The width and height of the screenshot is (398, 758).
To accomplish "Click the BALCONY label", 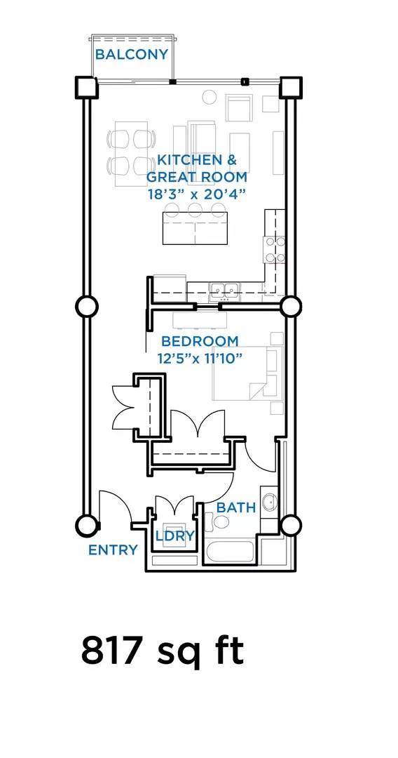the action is [x=131, y=54].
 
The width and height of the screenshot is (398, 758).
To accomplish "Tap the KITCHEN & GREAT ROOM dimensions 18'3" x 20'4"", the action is [x=197, y=194].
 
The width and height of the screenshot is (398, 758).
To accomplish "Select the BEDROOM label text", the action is [x=200, y=341].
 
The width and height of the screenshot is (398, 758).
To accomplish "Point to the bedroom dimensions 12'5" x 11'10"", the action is [x=200, y=359].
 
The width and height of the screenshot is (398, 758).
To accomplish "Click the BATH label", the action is [x=236, y=507].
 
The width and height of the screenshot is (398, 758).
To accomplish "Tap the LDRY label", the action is [x=174, y=536].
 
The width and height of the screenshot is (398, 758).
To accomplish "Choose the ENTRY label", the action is [x=113, y=550].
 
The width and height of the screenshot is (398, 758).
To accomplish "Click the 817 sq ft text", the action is [x=163, y=651].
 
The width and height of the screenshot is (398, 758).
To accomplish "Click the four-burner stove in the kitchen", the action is [x=273, y=249].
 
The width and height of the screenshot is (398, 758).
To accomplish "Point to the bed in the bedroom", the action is [x=248, y=373].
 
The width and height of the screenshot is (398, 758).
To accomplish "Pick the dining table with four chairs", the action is [x=131, y=153].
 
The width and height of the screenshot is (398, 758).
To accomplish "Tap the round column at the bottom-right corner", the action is [x=290, y=525].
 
